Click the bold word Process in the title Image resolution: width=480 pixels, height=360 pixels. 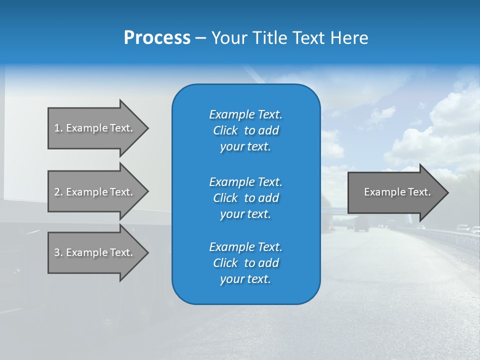157,38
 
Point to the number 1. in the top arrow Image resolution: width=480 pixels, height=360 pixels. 58,128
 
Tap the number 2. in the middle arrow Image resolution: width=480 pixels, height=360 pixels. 58,192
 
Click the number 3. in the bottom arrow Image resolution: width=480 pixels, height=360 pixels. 58,252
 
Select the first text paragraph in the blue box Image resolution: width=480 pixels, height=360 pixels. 245,130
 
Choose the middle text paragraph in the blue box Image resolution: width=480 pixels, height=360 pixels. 245,198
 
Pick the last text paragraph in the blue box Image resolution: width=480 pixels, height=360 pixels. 245,263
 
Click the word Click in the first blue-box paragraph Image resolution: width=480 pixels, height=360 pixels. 225,130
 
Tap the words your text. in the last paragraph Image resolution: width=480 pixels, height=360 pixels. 245,279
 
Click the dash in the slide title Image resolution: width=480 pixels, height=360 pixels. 200,38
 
